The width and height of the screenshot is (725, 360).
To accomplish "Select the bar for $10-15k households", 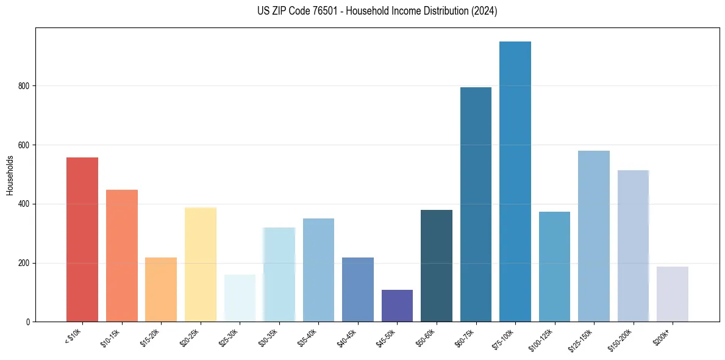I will click(x=122, y=256).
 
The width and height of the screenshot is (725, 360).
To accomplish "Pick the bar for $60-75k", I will click(x=476, y=204).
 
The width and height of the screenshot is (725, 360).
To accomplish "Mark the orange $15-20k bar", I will click(x=161, y=289).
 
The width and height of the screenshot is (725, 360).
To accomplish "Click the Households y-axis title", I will click(x=10, y=175).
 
